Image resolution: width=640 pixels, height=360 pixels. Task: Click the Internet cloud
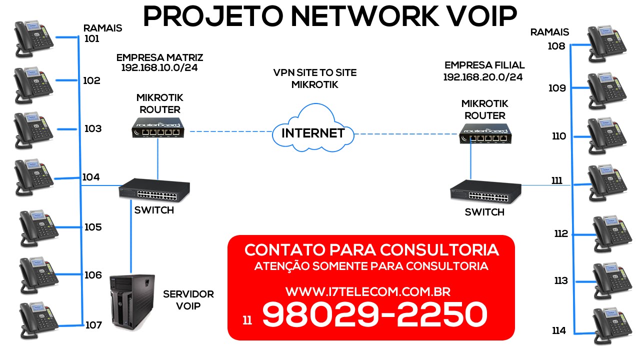[x=313, y=129]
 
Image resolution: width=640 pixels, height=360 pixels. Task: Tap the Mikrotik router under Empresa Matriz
[x=158, y=127]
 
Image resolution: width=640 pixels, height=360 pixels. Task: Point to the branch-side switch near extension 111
[x=485, y=191]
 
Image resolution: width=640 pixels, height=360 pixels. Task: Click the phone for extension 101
[x=34, y=37]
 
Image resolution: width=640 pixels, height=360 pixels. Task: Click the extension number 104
[x=91, y=177]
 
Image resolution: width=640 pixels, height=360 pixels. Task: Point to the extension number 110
[x=558, y=136]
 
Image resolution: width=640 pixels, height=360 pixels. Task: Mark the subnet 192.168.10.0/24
[x=159, y=67]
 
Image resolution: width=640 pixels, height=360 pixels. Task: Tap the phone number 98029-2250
[x=374, y=315]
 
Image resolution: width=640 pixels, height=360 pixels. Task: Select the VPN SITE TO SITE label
[x=315, y=72]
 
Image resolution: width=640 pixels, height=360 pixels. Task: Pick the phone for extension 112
[x=611, y=232]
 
